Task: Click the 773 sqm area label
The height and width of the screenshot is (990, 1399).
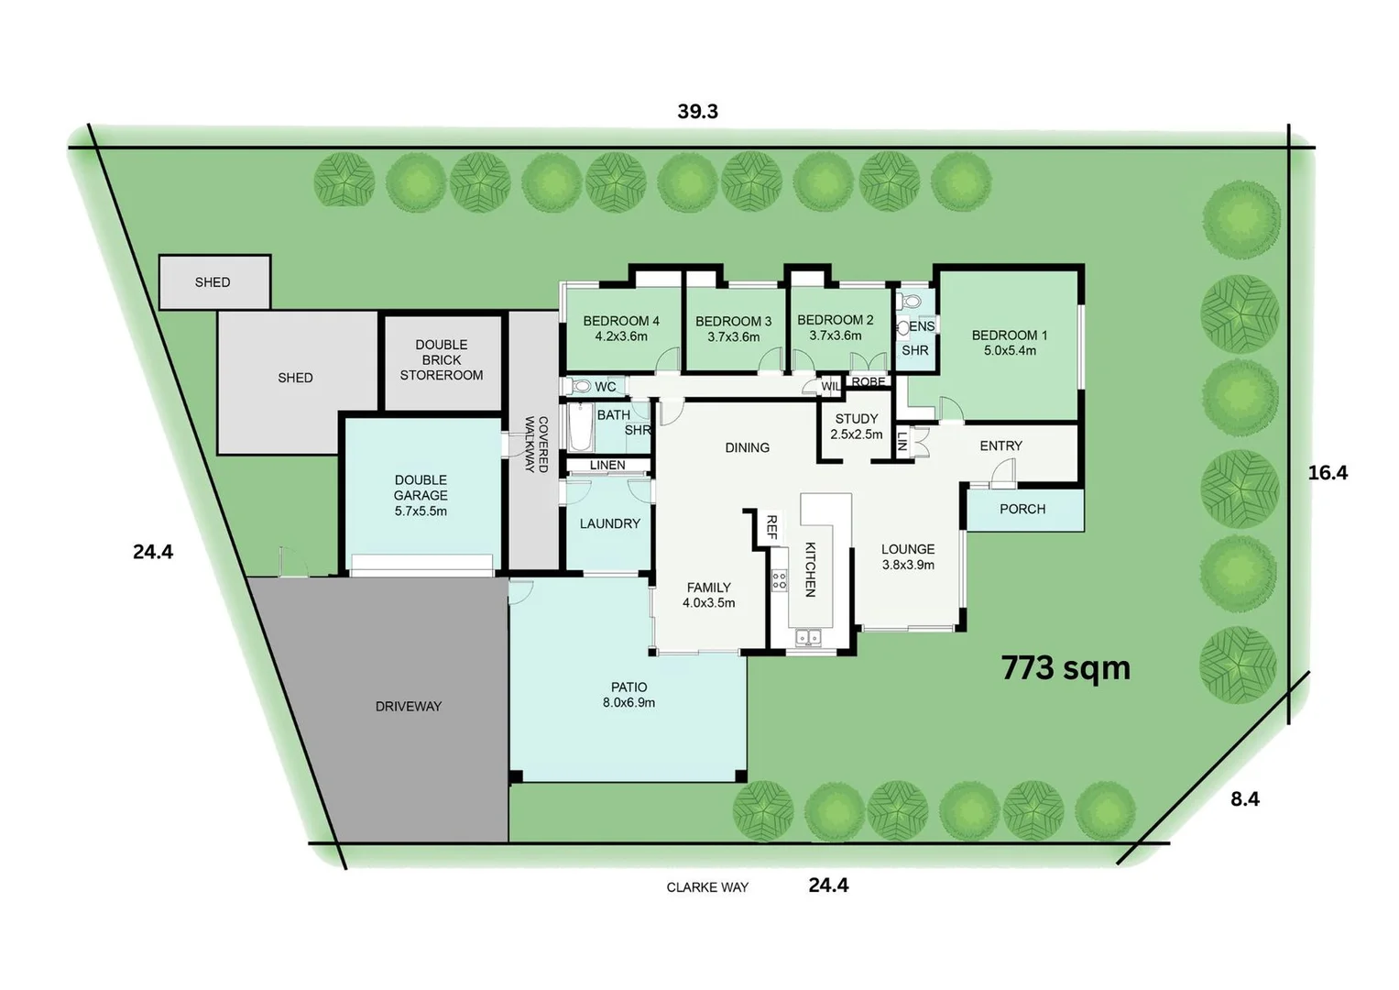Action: pos(1066,668)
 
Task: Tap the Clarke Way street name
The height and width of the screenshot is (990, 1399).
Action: pos(707,887)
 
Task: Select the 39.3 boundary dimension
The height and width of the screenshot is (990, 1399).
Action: pos(697,112)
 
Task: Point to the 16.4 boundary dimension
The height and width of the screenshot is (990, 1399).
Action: pos(1327,473)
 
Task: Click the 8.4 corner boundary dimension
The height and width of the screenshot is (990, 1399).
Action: pos(1244,799)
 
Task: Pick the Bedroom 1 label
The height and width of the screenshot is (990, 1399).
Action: pos(1009,343)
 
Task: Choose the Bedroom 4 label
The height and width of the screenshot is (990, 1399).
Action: pos(621,328)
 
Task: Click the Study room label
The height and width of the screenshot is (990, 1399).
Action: pos(857,426)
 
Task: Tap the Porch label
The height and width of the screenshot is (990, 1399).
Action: pos(1022,509)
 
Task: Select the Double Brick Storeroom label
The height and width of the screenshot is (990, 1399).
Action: pos(442,360)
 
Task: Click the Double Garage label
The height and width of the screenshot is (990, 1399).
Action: pos(421,495)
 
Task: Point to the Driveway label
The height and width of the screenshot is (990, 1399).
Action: pos(409,706)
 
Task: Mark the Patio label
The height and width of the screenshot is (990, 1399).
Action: pos(628,695)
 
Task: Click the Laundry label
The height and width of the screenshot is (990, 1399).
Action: pos(609,523)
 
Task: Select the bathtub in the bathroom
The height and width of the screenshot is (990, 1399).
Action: pos(580,428)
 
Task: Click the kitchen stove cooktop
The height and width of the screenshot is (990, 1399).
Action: pos(779,579)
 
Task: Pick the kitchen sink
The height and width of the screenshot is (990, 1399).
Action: pos(808,636)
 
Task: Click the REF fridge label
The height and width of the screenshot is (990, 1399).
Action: pos(771,526)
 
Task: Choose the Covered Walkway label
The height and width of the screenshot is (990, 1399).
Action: pos(536,445)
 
